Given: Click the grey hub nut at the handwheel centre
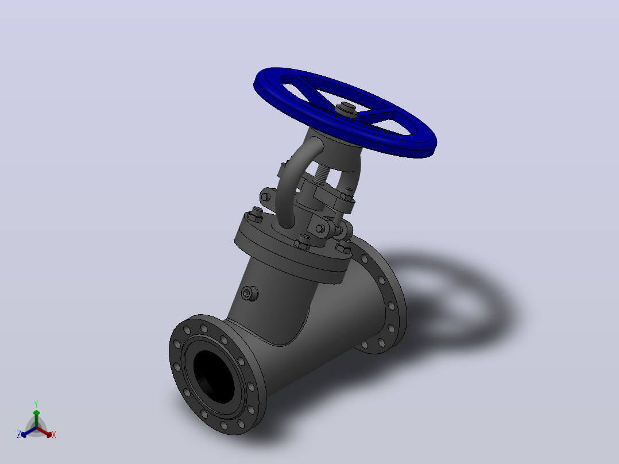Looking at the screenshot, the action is click(x=347, y=109).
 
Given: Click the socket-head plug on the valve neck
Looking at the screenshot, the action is click(x=249, y=293).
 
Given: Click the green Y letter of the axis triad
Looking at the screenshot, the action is click(x=36, y=404).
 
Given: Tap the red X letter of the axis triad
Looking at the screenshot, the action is click(x=54, y=435).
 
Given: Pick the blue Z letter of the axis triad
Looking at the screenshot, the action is click(x=18, y=435).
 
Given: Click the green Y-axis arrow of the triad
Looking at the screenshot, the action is click(x=36, y=418).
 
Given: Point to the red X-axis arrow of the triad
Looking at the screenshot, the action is click(x=44, y=431).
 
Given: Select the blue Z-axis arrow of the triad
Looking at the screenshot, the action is click(x=29, y=432).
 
